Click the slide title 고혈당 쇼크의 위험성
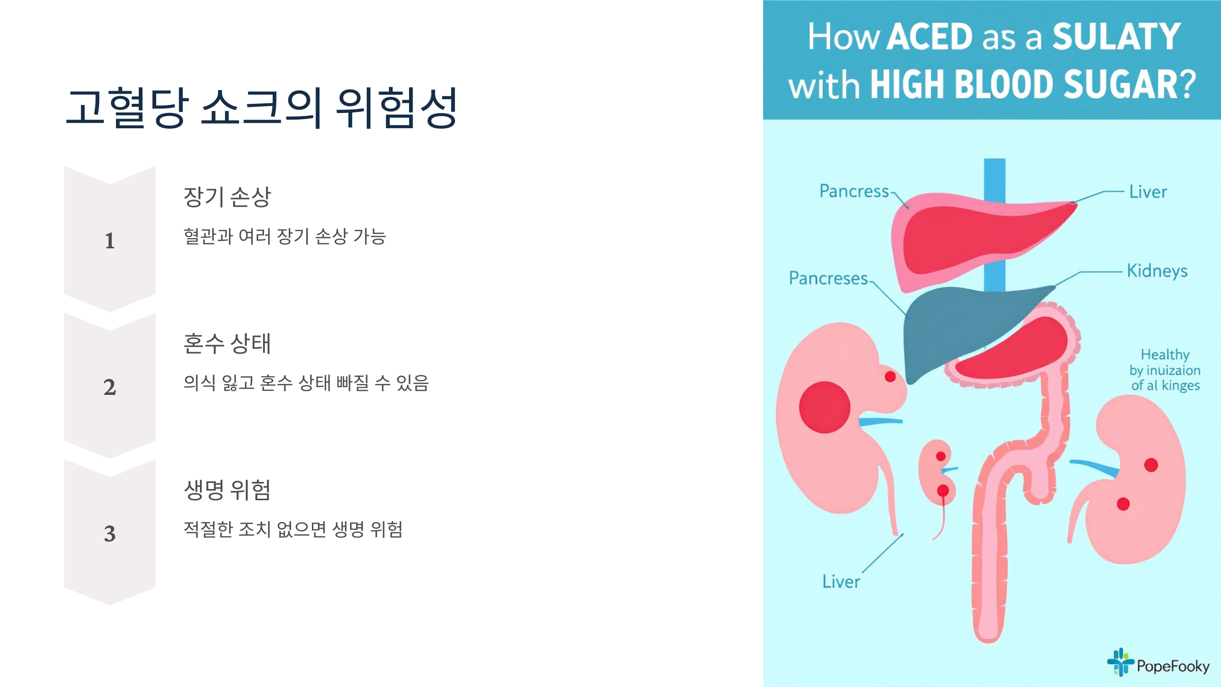pyautogui.click(x=262, y=108)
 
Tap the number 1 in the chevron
pyautogui.click(x=110, y=241)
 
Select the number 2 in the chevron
pyautogui.click(x=110, y=387)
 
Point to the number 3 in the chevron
pyautogui.click(x=110, y=534)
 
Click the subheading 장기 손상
pyautogui.click(x=227, y=197)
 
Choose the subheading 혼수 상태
pyautogui.click(x=227, y=343)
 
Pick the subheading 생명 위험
pyautogui.click(x=227, y=490)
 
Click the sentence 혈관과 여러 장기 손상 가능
pyautogui.click(x=285, y=237)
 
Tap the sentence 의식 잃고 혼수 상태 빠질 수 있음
pyautogui.click(x=306, y=383)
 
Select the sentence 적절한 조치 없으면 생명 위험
pyautogui.click(x=293, y=530)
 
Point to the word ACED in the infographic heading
pyautogui.click(x=929, y=37)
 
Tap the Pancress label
pyautogui.click(x=854, y=191)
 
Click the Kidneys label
pyautogui.click(x=1157, y=271)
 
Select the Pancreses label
pyautogui.click(x=828, y=278)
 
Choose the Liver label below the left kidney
pyautogui.click(x=841, y=582)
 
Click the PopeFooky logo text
pyautogui.click(x=1173, y=666)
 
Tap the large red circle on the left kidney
pyautogui.click(x=824, y=407)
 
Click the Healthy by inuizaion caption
pyautogui.click(x=1165, y=370)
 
